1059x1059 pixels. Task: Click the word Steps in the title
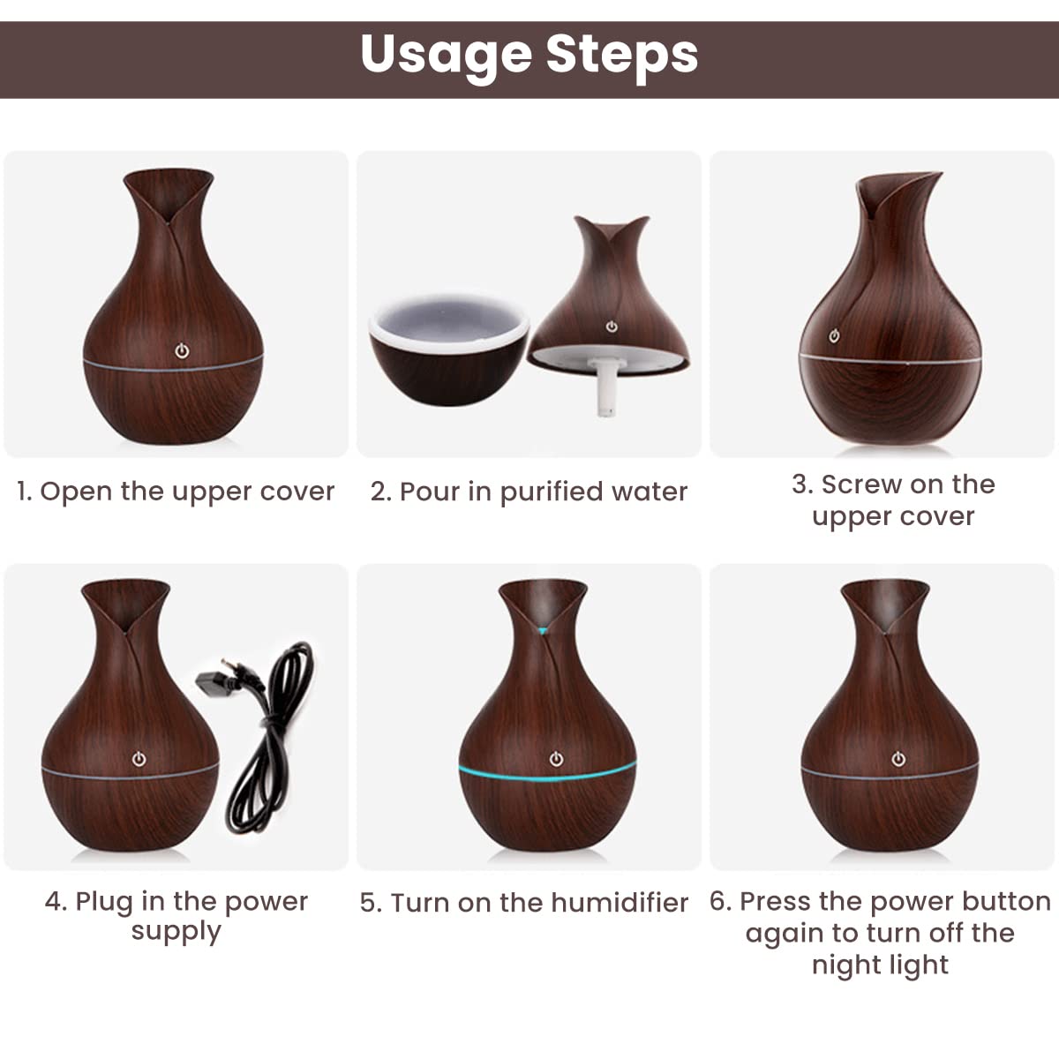[621, 55]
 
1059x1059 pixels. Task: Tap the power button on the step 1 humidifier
[182, 351]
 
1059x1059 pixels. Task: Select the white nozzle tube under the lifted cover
[605, 387]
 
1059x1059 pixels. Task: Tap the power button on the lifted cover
[612, 327]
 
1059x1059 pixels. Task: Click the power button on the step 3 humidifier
[834, 335]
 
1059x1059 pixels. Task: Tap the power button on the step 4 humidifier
[139, 759]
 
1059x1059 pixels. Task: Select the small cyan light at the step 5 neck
[542, 631]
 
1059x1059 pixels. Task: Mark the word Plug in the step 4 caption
[105, 902]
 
